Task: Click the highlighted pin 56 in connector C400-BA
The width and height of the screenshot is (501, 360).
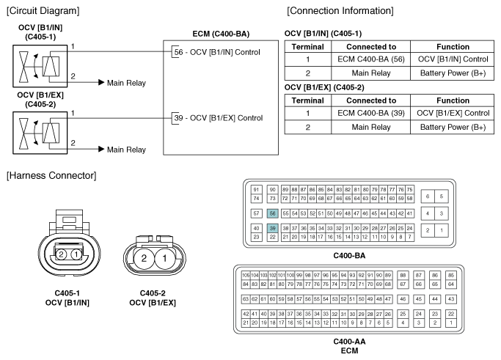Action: [x=272, y=213]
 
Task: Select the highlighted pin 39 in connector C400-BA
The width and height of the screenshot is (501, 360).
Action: [x=272, y=228]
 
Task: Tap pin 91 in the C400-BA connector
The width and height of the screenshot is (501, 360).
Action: [x=256, y=189]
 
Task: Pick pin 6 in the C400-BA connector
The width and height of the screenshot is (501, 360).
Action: [x=428, y=196]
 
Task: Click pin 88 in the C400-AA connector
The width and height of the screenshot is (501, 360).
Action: [x=403, y=275]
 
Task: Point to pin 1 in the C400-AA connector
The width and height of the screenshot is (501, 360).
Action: [x=451, y=323]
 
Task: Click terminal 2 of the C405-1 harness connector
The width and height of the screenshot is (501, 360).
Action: [x=61, y=254]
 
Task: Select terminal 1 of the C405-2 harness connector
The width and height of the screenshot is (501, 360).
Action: [x=164, y=258]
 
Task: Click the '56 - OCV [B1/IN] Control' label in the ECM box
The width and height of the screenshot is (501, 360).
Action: [x=217, y=52]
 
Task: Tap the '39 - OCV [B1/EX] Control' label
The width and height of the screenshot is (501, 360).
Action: [x=219, y=118]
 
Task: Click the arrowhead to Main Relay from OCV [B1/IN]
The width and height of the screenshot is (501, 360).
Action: [x=101, y=82]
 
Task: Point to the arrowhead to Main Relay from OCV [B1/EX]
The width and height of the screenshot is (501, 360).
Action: [x=101, y=149]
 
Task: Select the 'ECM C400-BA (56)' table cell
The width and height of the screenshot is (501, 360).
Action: [x=371, y=59]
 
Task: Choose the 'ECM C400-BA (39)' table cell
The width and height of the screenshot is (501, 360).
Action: [x=371, y=114]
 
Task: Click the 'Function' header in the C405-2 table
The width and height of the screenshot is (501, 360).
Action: [x=453, y=100]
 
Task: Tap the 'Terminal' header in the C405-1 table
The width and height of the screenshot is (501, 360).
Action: [x=307, y=47]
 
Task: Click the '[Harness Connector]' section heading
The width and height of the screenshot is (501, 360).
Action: [x=51, y=176]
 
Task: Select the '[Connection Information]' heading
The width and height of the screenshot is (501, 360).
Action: [x=340, y=11]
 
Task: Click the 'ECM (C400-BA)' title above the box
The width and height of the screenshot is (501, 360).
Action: [x=221, y=34]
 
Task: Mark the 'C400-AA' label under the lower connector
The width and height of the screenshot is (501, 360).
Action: [x=349, y=342]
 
